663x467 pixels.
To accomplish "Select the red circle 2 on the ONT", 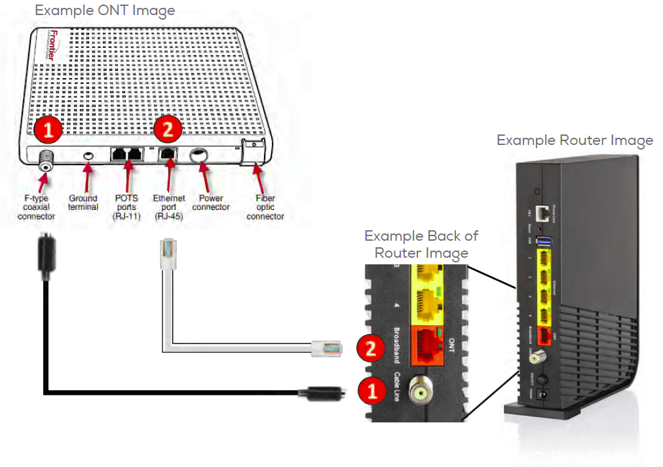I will coord(168,129).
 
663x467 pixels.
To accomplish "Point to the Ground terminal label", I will coord(83,202).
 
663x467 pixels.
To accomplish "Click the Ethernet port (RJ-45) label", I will coord(168,207).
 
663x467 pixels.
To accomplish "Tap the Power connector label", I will coord(212,202).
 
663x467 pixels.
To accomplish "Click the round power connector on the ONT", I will coord(199,156).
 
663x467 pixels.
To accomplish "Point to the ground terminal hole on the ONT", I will coord(89,155).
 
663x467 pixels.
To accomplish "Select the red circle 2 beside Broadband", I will coord(371,348).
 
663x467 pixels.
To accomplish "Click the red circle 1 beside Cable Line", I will coord(371,392).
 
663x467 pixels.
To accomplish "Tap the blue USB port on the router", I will coord(543,242).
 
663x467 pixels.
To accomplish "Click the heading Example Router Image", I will coord(574,140).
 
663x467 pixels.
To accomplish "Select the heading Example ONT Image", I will coord(105,10).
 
